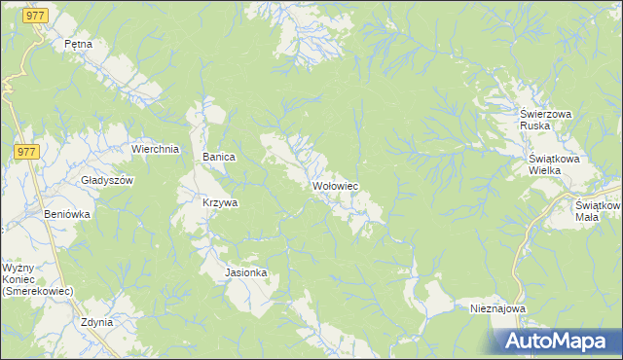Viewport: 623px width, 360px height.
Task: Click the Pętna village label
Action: click(x=77, y=44)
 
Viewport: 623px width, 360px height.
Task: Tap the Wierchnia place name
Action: click(x=155, y=149)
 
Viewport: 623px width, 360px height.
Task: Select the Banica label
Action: click(x=219, y=157)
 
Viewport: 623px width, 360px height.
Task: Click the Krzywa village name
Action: click(x=220, y=203)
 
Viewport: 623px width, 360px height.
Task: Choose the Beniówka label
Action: click(x=67, y=213)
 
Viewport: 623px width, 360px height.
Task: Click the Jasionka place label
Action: click(x=246, y=273)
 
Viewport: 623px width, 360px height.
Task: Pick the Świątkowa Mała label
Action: click(x=596, y=211)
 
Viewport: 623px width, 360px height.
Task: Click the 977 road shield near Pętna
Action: click(x=36, y=17)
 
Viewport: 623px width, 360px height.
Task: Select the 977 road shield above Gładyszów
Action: click(x=26, y=151)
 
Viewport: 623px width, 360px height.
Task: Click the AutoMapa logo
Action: click(x=556, y=342)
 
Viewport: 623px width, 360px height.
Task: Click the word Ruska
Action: click(x=535, y=126)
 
